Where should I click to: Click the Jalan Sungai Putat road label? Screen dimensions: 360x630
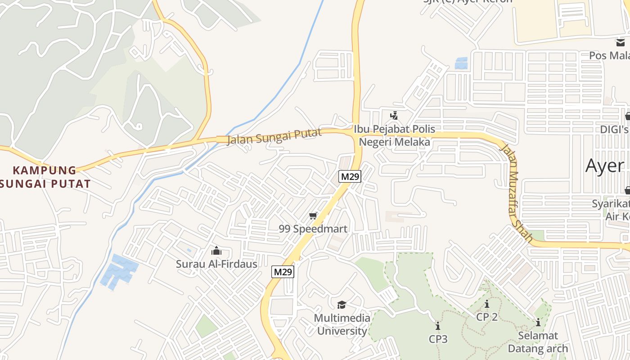click(274, 136)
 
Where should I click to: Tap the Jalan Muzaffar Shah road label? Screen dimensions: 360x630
click(517, 193)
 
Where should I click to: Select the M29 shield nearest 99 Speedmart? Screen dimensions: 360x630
click(350, 176)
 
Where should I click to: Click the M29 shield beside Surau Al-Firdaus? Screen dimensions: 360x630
click(283, 272)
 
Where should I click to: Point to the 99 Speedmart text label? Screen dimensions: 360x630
click(313, 229)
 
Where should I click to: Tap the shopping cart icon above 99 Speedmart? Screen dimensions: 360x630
click(313, 216)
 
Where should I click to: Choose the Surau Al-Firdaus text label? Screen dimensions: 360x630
click(216, 264)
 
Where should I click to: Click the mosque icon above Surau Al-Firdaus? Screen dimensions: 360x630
click(216, 251)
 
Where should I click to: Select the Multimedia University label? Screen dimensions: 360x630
click(342, 324)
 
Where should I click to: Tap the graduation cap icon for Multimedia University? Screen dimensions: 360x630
click(342, 305)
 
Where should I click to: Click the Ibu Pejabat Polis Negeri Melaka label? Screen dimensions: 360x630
click(394, 135)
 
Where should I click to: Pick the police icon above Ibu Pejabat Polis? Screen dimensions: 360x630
click(394, 116)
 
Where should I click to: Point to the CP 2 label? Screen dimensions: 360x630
click(487, 317)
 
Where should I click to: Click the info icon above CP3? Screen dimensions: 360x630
click(438, 326)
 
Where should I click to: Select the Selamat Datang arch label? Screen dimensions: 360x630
click(538, 342)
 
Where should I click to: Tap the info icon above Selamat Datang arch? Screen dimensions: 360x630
click(538, 322)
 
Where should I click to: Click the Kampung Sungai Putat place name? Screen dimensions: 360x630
click(45, 177)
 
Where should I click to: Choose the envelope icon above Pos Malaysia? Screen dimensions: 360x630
click(621, 43)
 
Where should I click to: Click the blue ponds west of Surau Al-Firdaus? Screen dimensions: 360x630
click(118, 271)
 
